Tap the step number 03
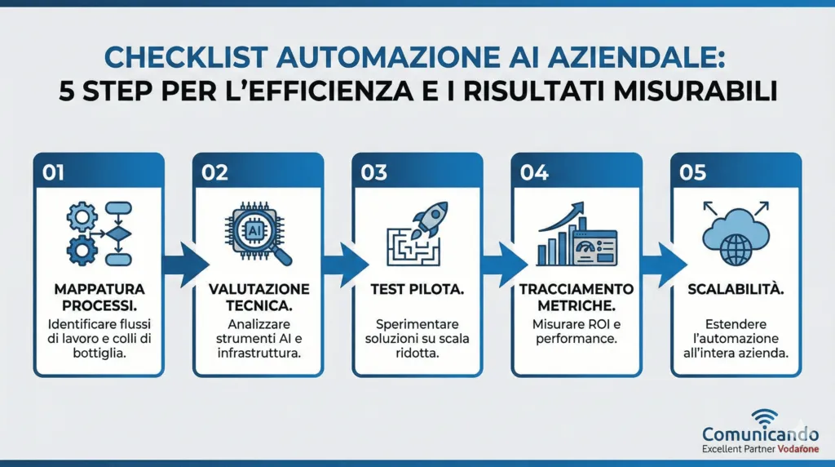[x=374, y=174]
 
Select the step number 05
[x=692, y=174]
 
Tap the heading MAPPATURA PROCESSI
[x=99, y=297]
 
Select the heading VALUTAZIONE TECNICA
[x=258, y=297]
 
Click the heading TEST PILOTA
[x=417, y=290]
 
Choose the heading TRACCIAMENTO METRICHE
[x=577, y=297]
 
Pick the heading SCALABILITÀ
[x=736, y=290]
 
